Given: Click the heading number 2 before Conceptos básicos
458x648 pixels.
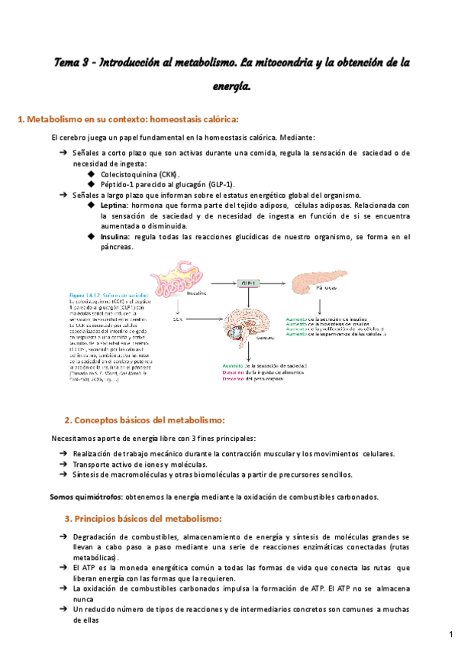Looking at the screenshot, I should coord(68,420).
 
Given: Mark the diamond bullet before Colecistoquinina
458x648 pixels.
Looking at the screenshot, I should coord(92,174).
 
